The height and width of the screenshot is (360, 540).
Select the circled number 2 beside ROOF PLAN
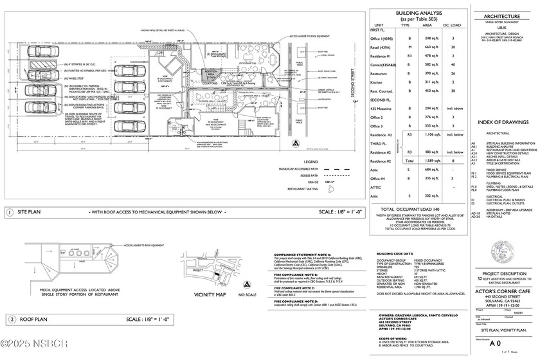tap(11, 319)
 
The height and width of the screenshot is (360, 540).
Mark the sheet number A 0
tap(495, 343)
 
